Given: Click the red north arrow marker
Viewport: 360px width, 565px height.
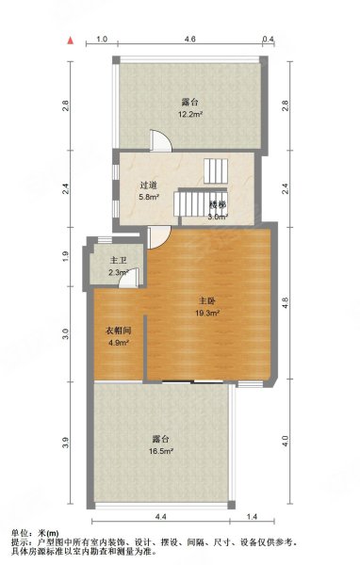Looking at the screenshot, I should click(69, 41).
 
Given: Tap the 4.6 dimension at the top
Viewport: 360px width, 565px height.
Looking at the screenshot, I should click(189, 40).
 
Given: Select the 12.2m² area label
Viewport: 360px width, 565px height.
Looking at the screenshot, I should click(190, 114).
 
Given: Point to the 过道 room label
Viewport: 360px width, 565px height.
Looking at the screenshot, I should click(149, 186).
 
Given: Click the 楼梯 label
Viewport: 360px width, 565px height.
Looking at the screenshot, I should click(218, 203).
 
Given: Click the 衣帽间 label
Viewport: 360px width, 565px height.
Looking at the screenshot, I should click(117, 331).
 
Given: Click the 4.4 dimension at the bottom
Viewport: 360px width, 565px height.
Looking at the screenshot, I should click(160, 517).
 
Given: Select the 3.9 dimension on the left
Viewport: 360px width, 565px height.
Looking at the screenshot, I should click(66, 444).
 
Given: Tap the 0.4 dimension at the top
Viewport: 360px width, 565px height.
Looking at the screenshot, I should click(268, 40).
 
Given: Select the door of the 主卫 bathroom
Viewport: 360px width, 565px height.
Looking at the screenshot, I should click(133, 277).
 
